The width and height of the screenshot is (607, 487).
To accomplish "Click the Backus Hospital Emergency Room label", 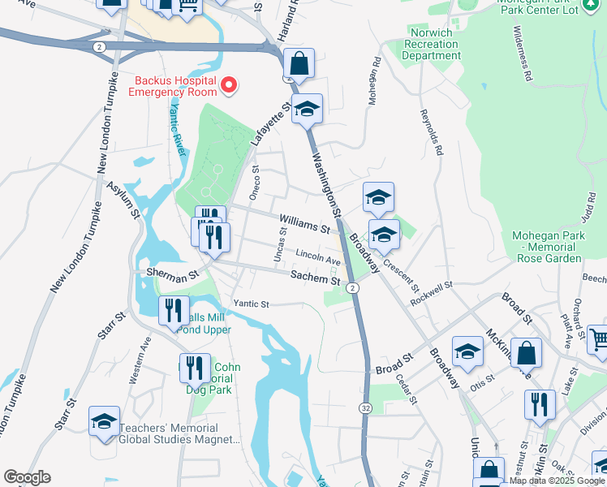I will pos(174,86).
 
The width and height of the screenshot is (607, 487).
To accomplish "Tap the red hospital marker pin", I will pos(229,84).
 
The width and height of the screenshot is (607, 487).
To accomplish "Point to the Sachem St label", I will pos(315,278).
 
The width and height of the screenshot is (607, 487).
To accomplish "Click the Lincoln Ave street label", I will pos(318,256).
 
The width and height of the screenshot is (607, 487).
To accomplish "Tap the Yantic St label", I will pos(251,304).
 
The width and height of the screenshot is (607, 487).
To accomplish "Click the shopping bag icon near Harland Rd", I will pos(299,63).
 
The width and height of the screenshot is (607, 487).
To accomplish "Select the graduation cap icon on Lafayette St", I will pos(307,109).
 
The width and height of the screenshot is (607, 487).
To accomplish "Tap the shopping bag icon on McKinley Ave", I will pos(526,353).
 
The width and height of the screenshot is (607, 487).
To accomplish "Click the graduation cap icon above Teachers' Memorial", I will pos(104,421).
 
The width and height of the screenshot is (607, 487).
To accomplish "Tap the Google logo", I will pos(26,477).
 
